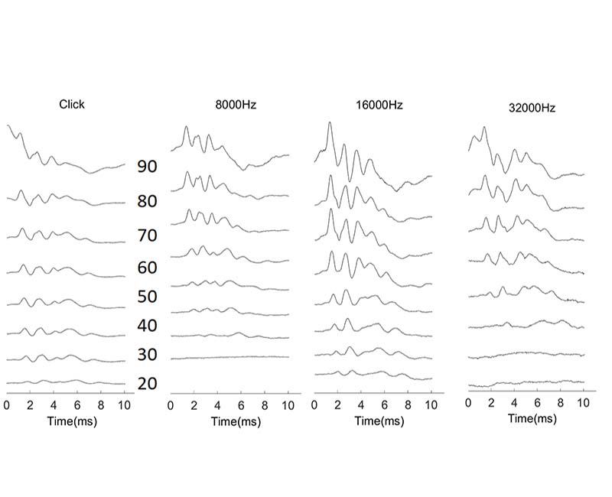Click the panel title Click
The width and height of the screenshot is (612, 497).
[x=71, y=104]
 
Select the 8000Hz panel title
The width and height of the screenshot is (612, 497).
[x=236, y=106]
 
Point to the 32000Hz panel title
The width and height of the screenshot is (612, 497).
[x=532, y=109]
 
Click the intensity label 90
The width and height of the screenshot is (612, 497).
[x=147, y=166]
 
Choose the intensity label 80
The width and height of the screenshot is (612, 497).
[x=147, y=202]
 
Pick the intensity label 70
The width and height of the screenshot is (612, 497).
[x=147, y=236]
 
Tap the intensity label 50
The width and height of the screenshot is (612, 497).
[x=147, y=297]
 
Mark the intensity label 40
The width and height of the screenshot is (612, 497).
[x=147, y=326]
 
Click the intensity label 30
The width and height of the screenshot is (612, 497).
[x=147, y=355]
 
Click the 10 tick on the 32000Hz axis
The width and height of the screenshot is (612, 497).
[x=583, y=402]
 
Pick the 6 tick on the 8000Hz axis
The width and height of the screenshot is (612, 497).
[x=241, y=405]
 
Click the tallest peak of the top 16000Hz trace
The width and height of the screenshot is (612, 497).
[x=330, y=123]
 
